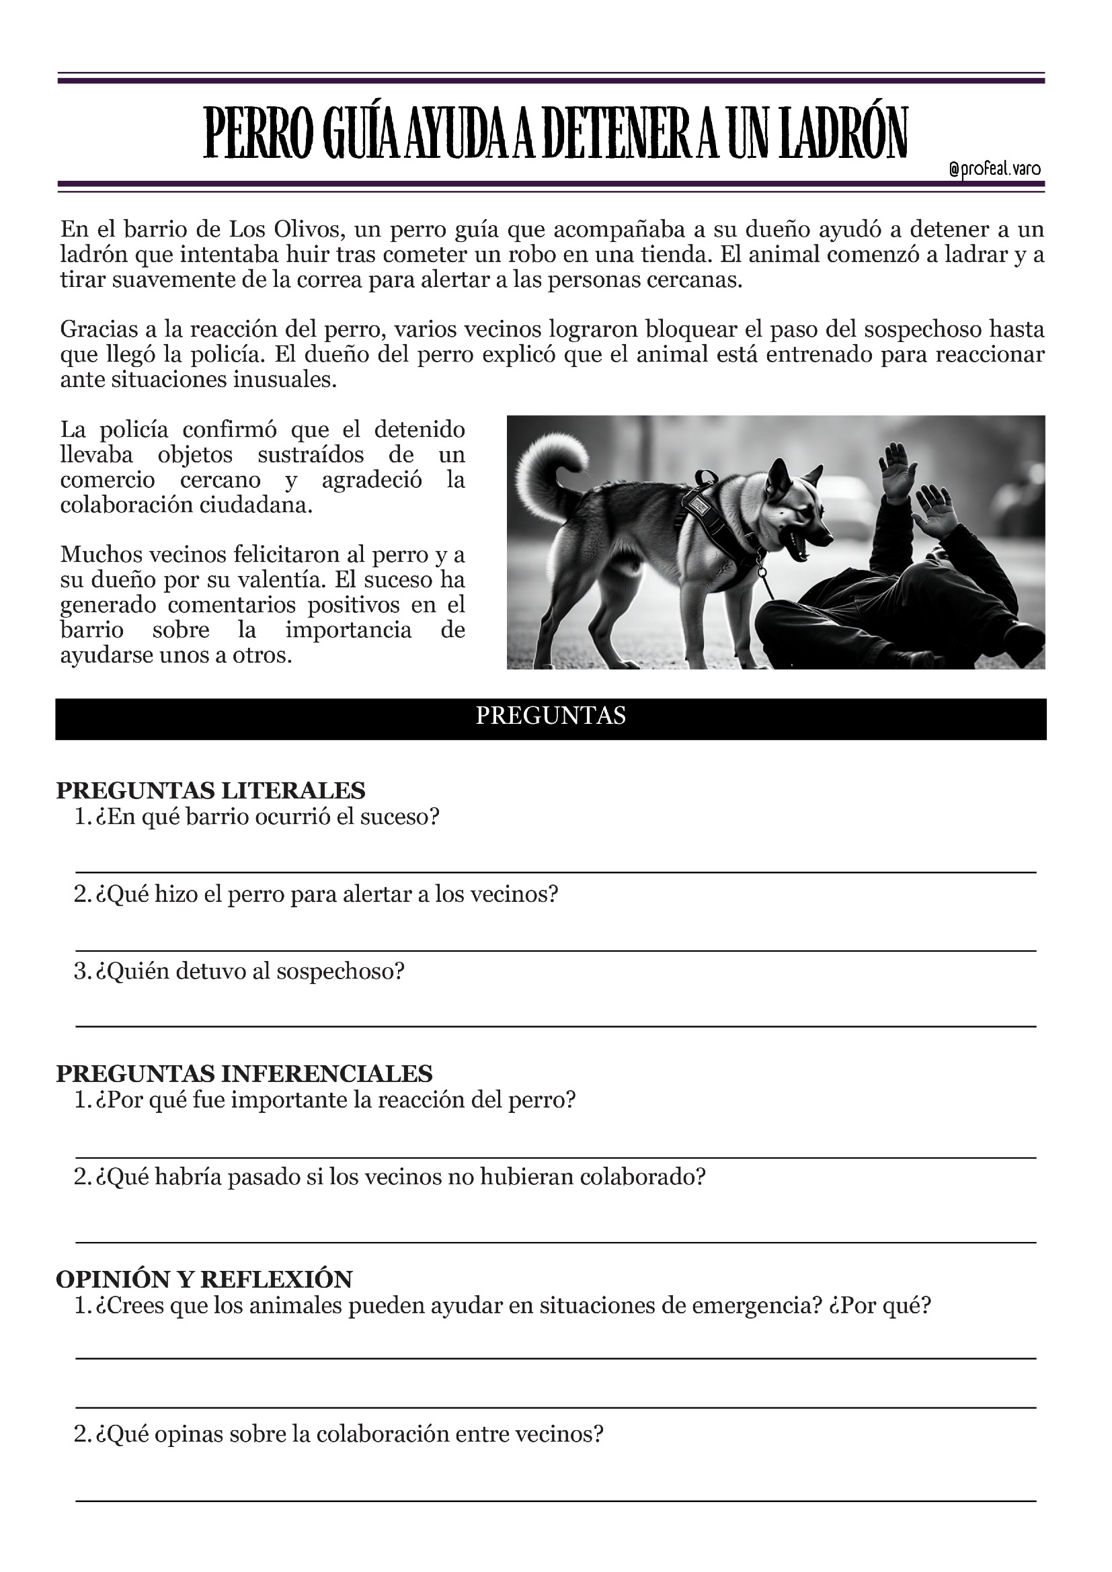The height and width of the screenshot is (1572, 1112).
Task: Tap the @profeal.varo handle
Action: tap(995, 169)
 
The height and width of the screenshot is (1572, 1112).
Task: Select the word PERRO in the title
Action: tap(258, 133)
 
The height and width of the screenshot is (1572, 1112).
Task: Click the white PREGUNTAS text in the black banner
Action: tap(551, 716)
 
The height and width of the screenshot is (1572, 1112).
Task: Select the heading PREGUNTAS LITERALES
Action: tap(210, 790)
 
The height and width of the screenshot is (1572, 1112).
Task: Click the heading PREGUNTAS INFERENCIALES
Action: tap(244, 1073)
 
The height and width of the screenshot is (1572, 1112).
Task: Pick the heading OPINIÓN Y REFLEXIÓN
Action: tap(204, 1279)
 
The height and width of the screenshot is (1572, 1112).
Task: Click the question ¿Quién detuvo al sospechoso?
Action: tap(250, 971)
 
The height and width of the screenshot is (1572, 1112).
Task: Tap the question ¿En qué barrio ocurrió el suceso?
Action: tap(267, 817)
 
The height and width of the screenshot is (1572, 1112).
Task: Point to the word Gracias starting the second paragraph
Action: tap(99, 329)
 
